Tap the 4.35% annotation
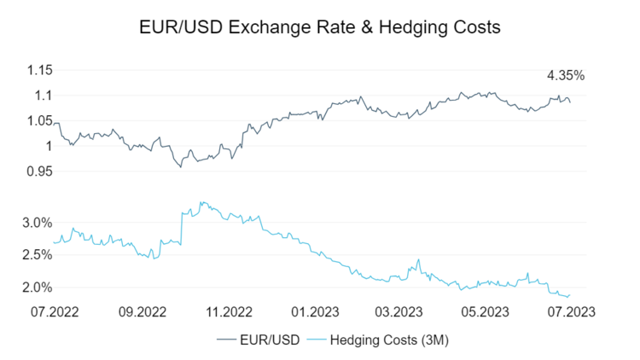(x=566, y=75)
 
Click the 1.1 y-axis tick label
(x=44, y=95)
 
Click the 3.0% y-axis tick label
(x=38, y=223)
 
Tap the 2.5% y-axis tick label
(x=38, y=255)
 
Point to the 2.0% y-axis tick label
(x=38, y=287)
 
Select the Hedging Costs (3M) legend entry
(x=384, y=341)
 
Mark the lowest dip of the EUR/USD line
(x=181, y=167)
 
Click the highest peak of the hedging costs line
(x=201, y=202)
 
